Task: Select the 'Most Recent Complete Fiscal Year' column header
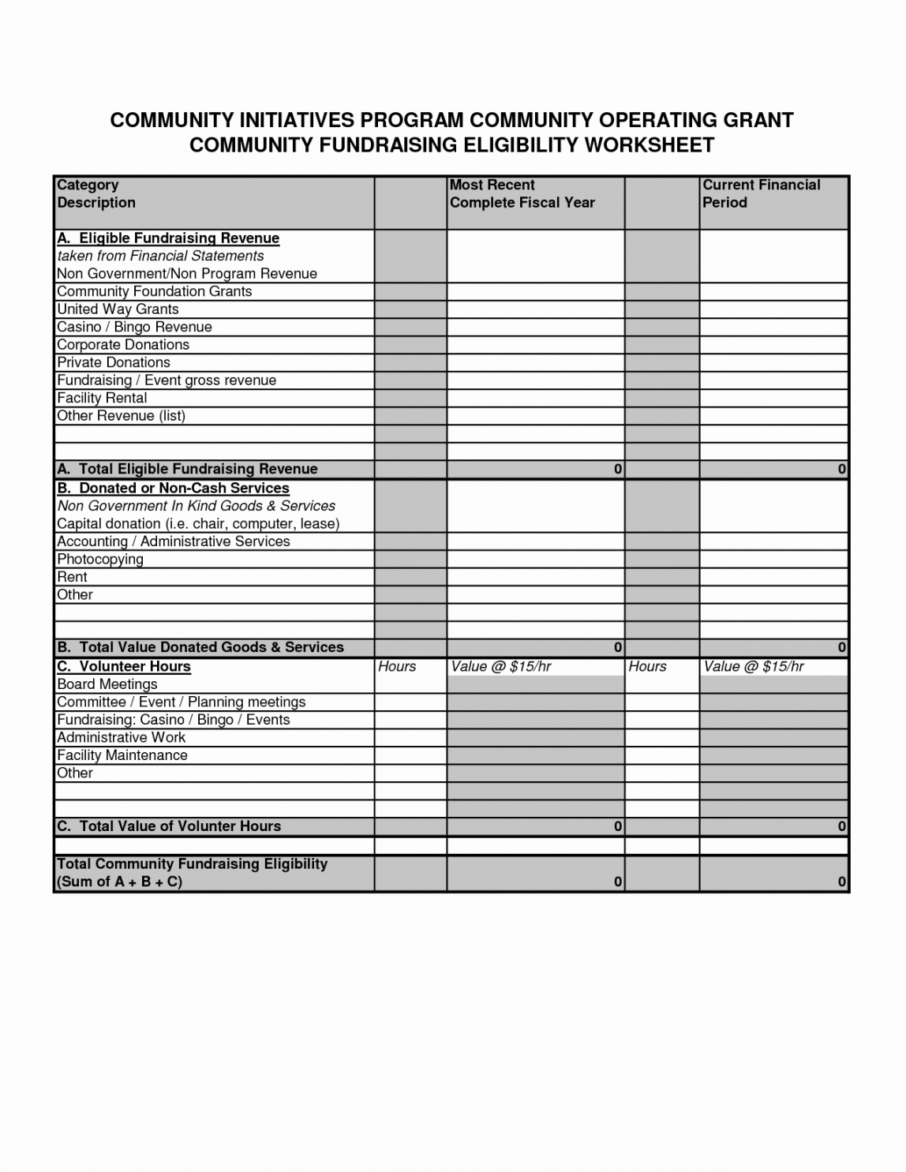tap(522, 194)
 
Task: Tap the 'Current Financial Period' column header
tap(761, 194)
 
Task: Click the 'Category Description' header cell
tap(96, 194)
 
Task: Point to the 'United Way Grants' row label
tap(118, 309)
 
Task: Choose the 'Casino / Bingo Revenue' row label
tap(134, 327)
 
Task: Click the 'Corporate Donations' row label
tap(123, 345)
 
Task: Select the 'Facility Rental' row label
tap(102, 398)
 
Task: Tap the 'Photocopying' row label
tap(100, 560)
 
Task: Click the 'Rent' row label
tap(72, 577)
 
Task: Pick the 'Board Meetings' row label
tap(107, 684)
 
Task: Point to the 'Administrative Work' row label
tap(121, 737)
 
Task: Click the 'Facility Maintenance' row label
tap(122, 755)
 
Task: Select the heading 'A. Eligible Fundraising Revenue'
tap(168, 238)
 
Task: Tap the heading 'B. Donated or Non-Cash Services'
tap(173, 489)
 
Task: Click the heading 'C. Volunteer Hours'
tap(124, 667)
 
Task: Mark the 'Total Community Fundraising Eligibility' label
tap(192, 864)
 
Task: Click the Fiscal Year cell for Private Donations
tap(535, 363)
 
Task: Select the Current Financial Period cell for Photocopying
tap(773, 560)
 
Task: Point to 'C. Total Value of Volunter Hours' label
tap(169, 826)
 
